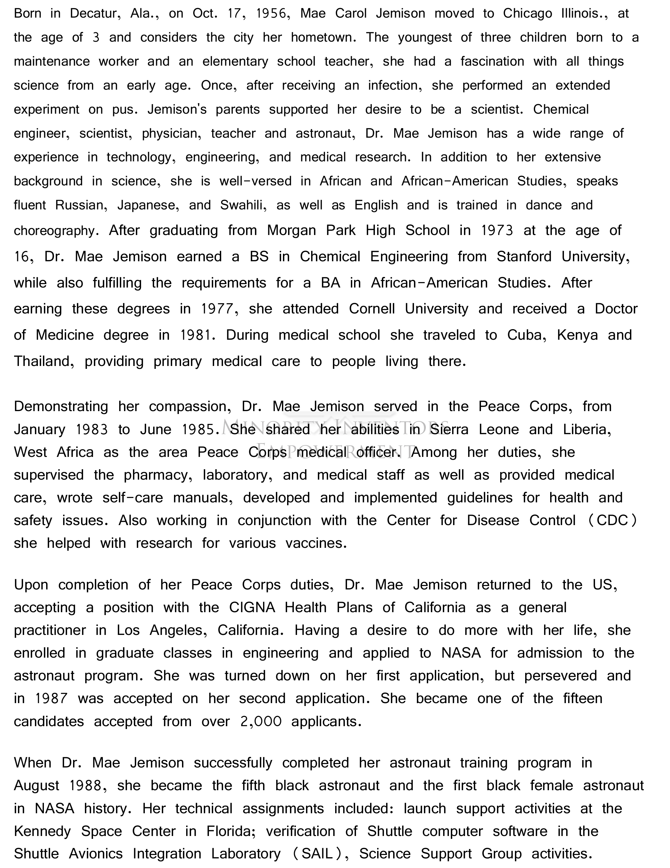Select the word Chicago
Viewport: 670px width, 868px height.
pyautogui.click(x=527, y=14)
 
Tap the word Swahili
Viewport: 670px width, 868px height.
pyautogui.click(x=242, y=205)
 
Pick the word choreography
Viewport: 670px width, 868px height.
pyautogui.click(x=56, y=231)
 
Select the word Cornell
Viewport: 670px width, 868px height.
pyautogui.click(x=372, y=309)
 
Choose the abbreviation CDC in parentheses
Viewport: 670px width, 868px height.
pyautogui.click(x=612, y=521)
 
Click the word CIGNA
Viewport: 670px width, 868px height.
pyautogui.click(x=252, y=608)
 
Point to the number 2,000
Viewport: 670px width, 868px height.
pyautogui.click(x=261, y=721)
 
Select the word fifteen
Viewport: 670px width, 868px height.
pyautogui.click(x=583, y=698)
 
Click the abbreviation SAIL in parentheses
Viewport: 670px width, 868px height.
pyautogui.click(x=317, y=854)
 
